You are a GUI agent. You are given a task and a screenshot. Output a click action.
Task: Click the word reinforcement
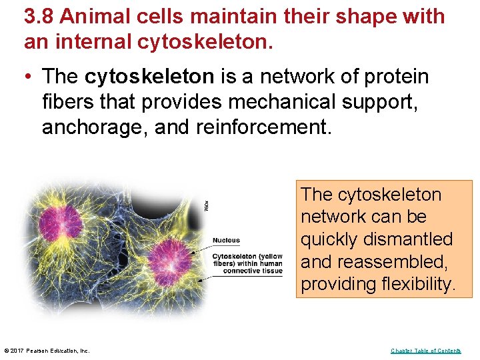pyautogui.click(x=263, y=127)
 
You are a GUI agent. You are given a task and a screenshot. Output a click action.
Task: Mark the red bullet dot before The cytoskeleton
pyautogui.click(x=29, y=77)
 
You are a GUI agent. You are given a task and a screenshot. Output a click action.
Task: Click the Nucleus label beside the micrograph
pyautogui.click(x=226, y=241)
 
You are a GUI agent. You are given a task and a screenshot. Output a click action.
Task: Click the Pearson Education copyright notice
pyautogui.click(x=47, y=351)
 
